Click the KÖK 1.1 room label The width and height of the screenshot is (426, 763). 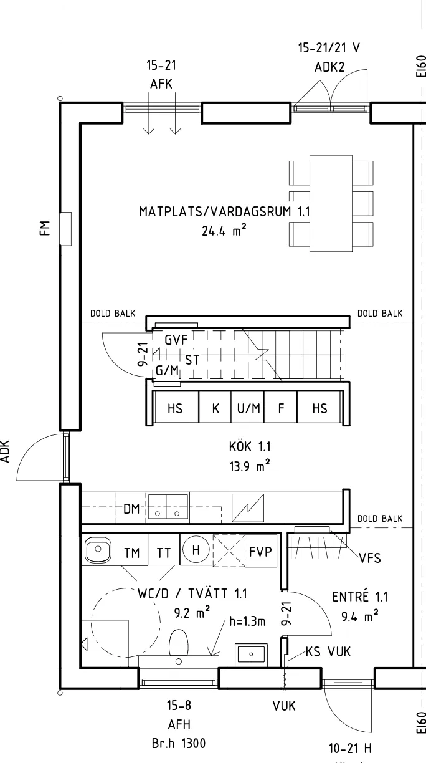click(250, 446)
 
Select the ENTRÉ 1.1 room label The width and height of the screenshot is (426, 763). click(360, 597)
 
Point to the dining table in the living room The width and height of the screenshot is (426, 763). click(331, 204)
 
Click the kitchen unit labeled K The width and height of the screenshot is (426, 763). click(215, 408)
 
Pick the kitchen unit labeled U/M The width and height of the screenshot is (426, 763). click(249, 408)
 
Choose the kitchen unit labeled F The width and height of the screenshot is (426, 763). click(281, 408)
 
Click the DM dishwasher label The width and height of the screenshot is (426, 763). click(131, 509)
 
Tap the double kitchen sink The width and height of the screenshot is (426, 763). click(168, 507)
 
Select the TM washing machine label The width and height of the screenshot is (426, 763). click(132, 552)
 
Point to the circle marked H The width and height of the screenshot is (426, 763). click(196, 549)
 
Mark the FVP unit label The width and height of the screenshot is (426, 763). click(260, 552)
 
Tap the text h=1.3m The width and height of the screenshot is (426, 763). click(247, 621)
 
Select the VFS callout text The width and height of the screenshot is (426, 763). click(370, 558)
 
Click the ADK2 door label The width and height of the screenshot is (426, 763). click(329, 67)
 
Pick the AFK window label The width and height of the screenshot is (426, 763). click(161, 84)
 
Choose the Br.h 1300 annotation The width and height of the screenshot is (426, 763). click(179, 743)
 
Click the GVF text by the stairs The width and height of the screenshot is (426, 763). click(176, 340)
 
